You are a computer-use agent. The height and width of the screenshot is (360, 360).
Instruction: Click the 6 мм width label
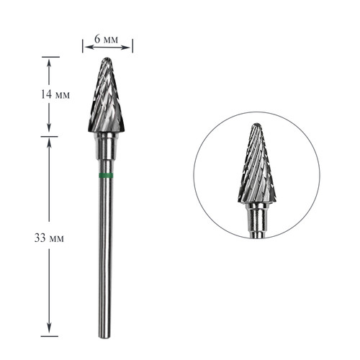pyautogui.click(x=106, y=39)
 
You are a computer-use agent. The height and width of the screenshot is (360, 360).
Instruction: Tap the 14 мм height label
pyautogui.click(x=55, y=94)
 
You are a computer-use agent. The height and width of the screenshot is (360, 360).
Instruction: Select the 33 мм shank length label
pyautogui.click(x=49, y=238)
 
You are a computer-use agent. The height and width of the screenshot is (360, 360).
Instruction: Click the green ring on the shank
pyautogui.click(x=106, y=176)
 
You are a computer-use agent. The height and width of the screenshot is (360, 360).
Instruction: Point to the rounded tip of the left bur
pyautogui.click(x=107, y=59)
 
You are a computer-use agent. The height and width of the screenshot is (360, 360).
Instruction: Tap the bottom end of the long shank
pyautogui.click(x=105, y=336)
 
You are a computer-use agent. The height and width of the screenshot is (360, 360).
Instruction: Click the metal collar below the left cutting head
pyautogui.click(x=107, y=145)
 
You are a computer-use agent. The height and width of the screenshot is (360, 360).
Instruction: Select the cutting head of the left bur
pyautogui.click(x=107, y=95)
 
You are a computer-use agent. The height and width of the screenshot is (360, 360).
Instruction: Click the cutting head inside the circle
pyautogui.click(x=257, y=163)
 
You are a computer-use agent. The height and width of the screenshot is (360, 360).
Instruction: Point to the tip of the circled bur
pyautogui.click(x=257, y=125)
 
